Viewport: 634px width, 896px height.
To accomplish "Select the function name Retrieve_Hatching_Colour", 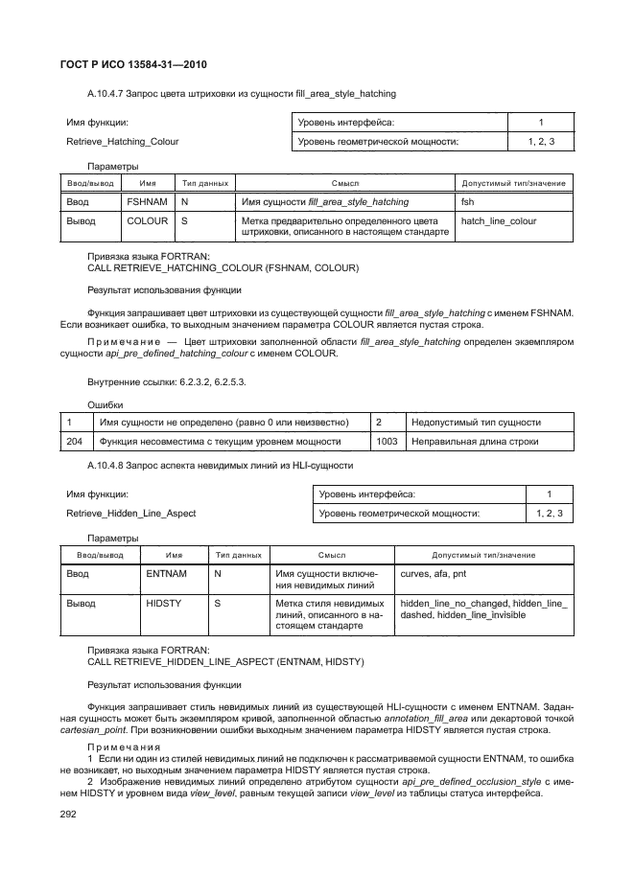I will point(122,142).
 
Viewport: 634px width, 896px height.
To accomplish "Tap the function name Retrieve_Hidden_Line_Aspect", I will point(130,514).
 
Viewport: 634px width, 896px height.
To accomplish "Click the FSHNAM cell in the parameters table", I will point(146,202).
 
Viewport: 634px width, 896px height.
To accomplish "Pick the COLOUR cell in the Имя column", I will point(147,220).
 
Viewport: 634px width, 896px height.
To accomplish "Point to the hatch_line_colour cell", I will point(499,220).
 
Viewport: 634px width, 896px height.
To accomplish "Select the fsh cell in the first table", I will point(468,202).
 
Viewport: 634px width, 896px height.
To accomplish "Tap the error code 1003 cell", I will point(387,441).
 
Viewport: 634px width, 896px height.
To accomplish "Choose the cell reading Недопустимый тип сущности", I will point(476,422).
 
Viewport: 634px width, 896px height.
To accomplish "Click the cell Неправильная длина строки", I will point(474,441).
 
